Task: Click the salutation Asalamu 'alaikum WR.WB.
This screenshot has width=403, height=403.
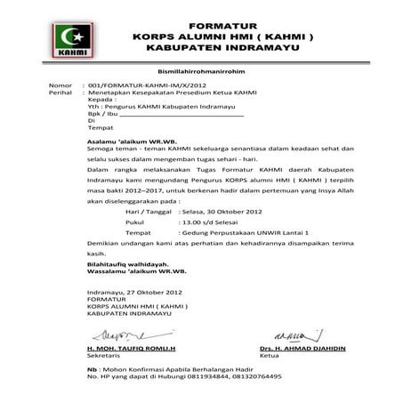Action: click(x=132, y=141)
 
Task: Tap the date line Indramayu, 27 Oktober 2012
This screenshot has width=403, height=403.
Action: click(x=133, y=292)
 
